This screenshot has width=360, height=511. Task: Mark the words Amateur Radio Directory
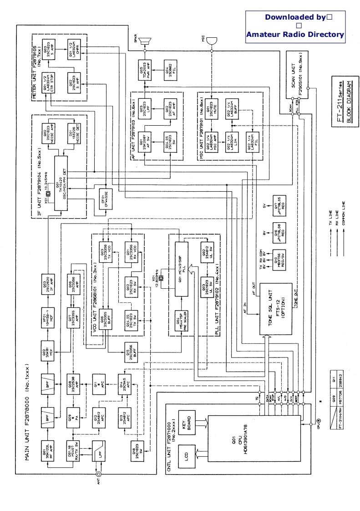coord(295,34)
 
